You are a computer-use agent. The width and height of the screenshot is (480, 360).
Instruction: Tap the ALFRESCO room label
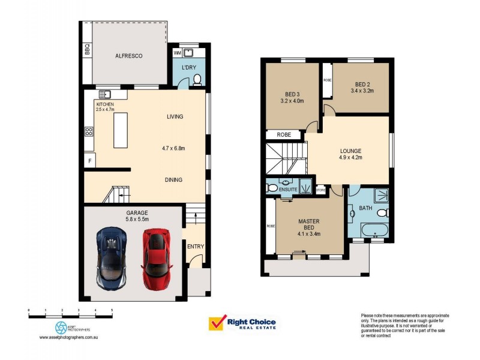click(x=128, y=56)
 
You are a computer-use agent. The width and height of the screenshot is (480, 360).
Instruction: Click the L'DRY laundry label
click(x=190, y=67)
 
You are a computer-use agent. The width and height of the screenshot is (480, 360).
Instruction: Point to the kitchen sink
click(x=106, y=94)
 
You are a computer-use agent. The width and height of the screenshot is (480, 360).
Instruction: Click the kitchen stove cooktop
click(x=89, y=131)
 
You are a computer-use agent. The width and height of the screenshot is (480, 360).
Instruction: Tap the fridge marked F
click(x=89, y=161)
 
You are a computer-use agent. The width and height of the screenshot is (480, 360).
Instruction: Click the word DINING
click(x=173, y=179)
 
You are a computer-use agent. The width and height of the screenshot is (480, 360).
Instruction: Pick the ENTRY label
click(x=195, y=246)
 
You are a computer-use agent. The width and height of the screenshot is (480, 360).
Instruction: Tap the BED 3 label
click(x=293, y=97)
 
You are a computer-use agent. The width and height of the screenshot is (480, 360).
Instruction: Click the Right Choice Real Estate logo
click(x=242, y=323)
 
